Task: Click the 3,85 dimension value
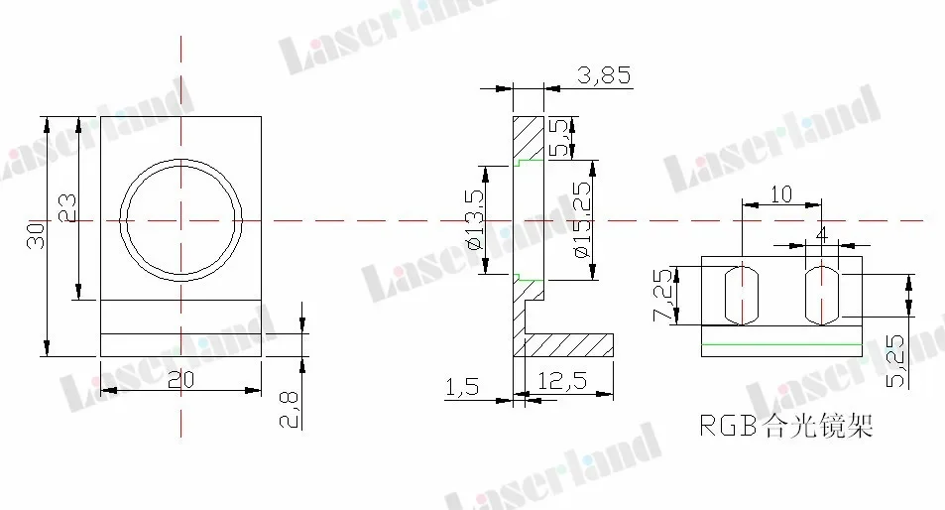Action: (602, 76)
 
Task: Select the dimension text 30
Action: (36, 235)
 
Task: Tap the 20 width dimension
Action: (180, 378)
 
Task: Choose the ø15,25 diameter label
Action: (582, 220)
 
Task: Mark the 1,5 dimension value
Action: (463, 387)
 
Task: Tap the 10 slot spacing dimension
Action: (781, 194)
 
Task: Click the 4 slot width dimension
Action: (821, 234)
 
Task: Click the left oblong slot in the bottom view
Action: (742, 294)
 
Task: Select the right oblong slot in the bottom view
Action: (821, 294)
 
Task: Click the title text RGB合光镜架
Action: (785, 427)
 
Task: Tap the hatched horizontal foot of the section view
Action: (567, 344)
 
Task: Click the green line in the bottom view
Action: (781, 342)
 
